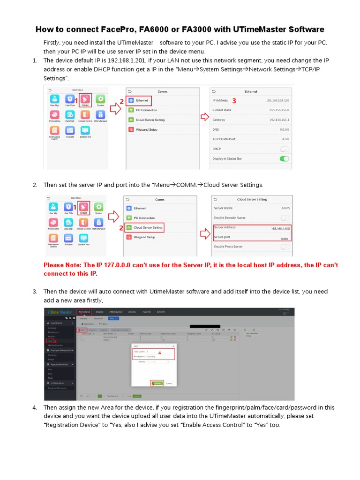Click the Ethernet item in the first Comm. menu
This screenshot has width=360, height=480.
[x=142, y=100]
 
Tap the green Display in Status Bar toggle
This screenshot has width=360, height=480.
[x=284, y=159]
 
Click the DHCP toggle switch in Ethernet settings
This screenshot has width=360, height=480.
[x=284, y=149]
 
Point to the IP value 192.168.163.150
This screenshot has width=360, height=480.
[x=277, y=100]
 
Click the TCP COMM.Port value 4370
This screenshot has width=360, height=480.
[x=285, y=139]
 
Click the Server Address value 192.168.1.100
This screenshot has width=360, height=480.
[x=280, y=228]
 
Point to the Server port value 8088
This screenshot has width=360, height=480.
[x=284, y=238]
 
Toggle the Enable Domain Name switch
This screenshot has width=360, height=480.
[x=284, y=218]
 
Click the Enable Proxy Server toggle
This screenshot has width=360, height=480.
[x=284, y=247]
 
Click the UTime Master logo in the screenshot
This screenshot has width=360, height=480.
[x=59, y=312]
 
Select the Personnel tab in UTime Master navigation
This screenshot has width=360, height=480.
[x=84, y=312]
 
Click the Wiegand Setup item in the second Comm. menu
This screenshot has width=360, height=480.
[x=144, y=237]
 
